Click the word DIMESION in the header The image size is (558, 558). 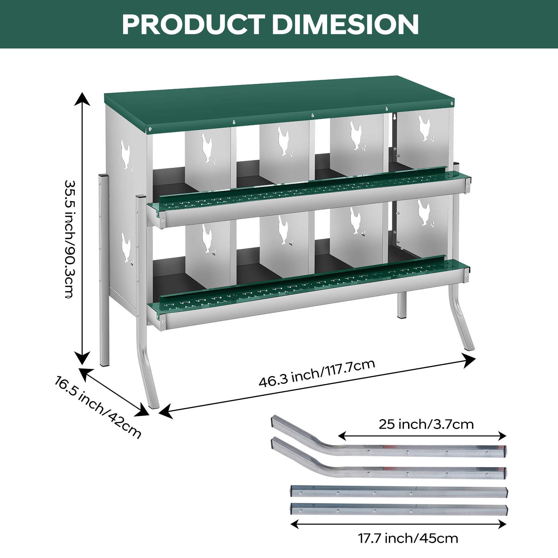click(x=345, y=24)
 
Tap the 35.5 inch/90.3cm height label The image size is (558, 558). click(x=70, y=239)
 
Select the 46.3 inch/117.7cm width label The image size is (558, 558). click(x=317, y=373)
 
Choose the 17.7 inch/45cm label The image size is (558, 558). click(x=408, y=538)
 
